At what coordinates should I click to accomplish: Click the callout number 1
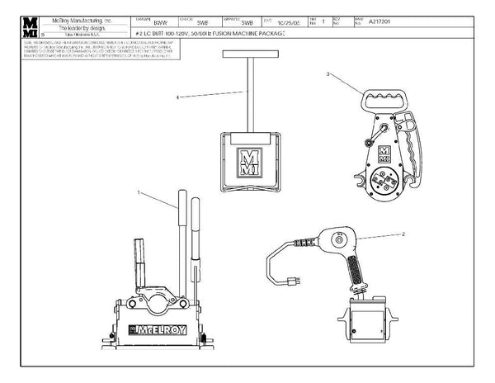pyautogui.click(x=141, y=191)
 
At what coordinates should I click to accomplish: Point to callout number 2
pyautogui.click(x=403, y=234)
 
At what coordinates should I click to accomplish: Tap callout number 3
pyautogui.click(x=329, y=74)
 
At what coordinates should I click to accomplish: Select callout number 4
pyautogui.click(x=178, y=98)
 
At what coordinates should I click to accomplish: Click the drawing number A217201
pyautogui.click(x=428, y=22)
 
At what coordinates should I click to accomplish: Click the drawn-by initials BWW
pyautogui.click(x=161, y=22)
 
